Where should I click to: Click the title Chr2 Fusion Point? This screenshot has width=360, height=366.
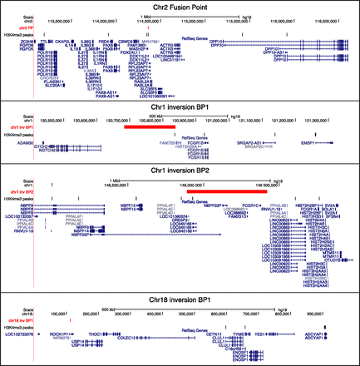[x=180, y=7]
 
